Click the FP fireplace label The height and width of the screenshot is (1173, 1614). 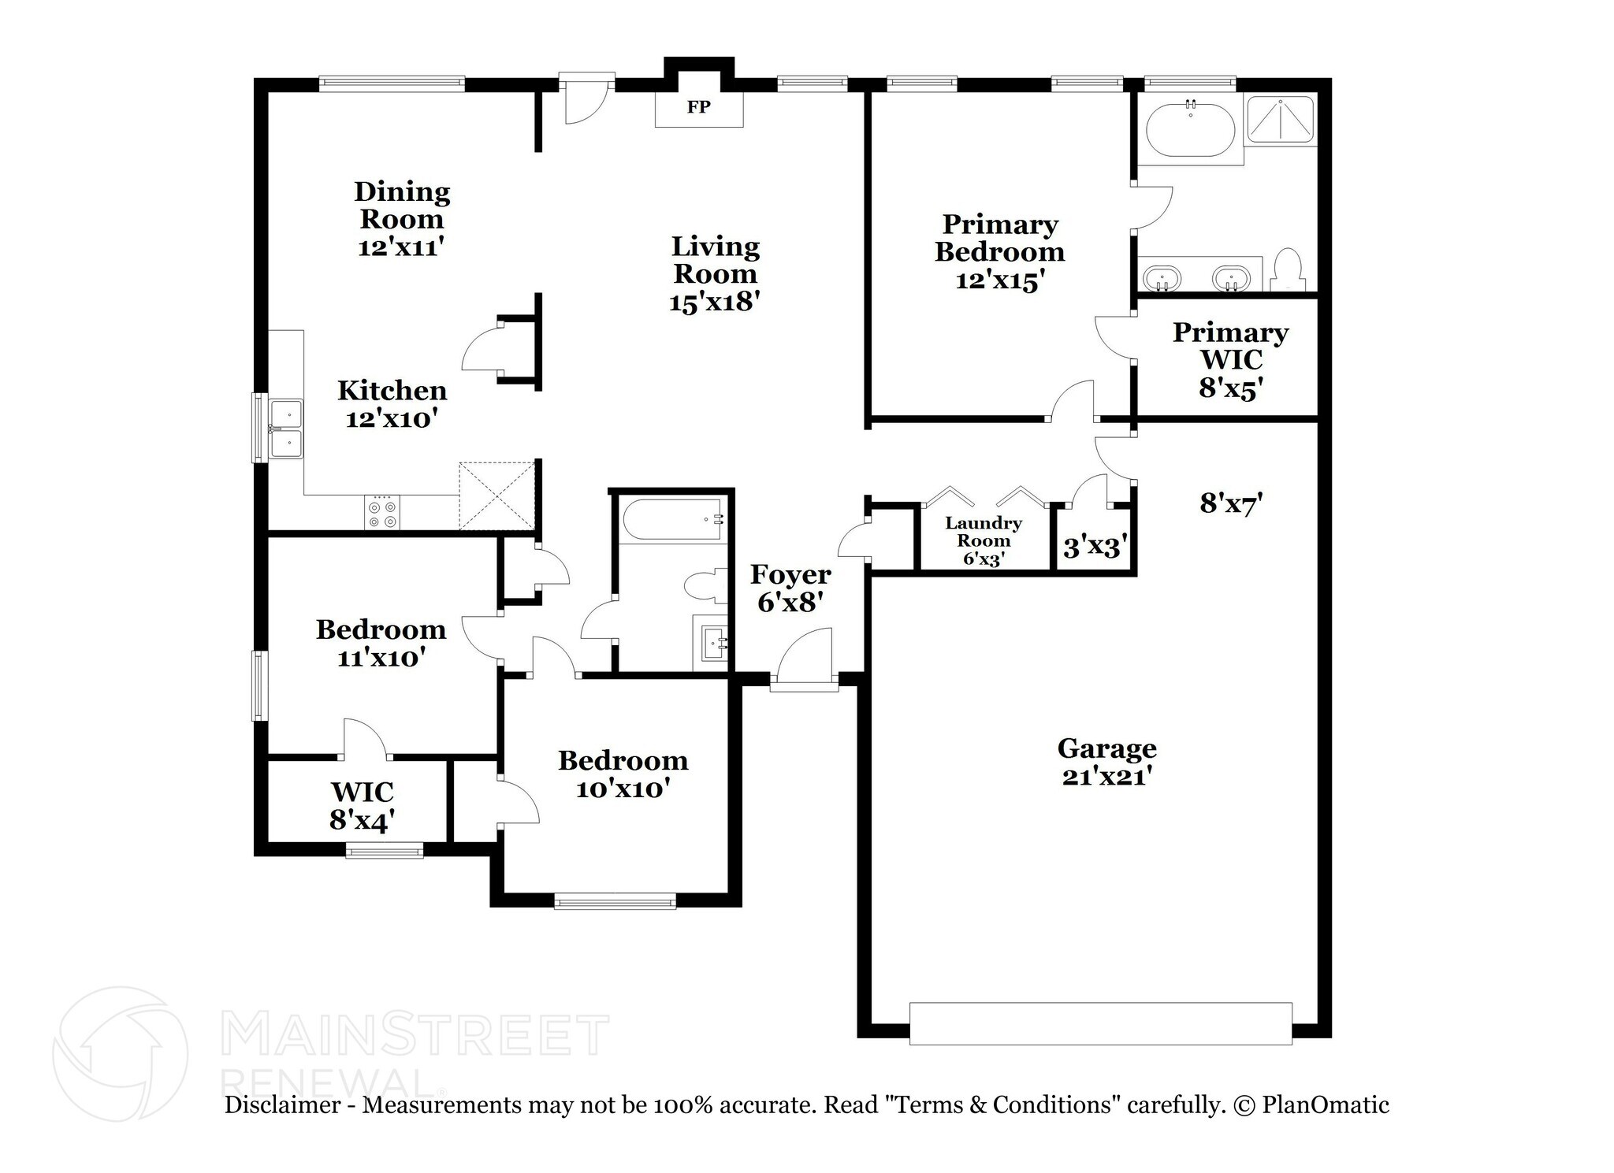click(x=698, y=107)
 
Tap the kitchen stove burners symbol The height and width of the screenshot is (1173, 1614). click(x=382, y=512)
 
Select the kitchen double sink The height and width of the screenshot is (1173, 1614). click(x=286, y=429)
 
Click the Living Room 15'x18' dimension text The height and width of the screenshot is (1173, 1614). click(x=714, y=302)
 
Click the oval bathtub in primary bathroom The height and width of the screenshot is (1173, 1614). click(x=1190, y=130)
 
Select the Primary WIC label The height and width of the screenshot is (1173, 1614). click(x=1230, y=346)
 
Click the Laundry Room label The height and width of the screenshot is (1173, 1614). click(x=984, y=532)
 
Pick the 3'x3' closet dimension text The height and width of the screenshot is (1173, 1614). click(x=1095, y=546)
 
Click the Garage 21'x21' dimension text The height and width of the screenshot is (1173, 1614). click(x=1107, y=777)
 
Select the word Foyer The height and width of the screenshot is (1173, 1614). click(x=790, y=575)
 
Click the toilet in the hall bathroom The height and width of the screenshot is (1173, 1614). click(x=705, y=586)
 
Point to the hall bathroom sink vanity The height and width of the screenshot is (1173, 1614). click(x=713, y=643)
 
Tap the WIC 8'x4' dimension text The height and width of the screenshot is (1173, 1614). click(x=362, y=821)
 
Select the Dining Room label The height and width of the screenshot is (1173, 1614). click(x=402, y=205)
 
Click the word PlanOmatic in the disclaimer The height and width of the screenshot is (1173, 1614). click(x=1326, y=1104)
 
